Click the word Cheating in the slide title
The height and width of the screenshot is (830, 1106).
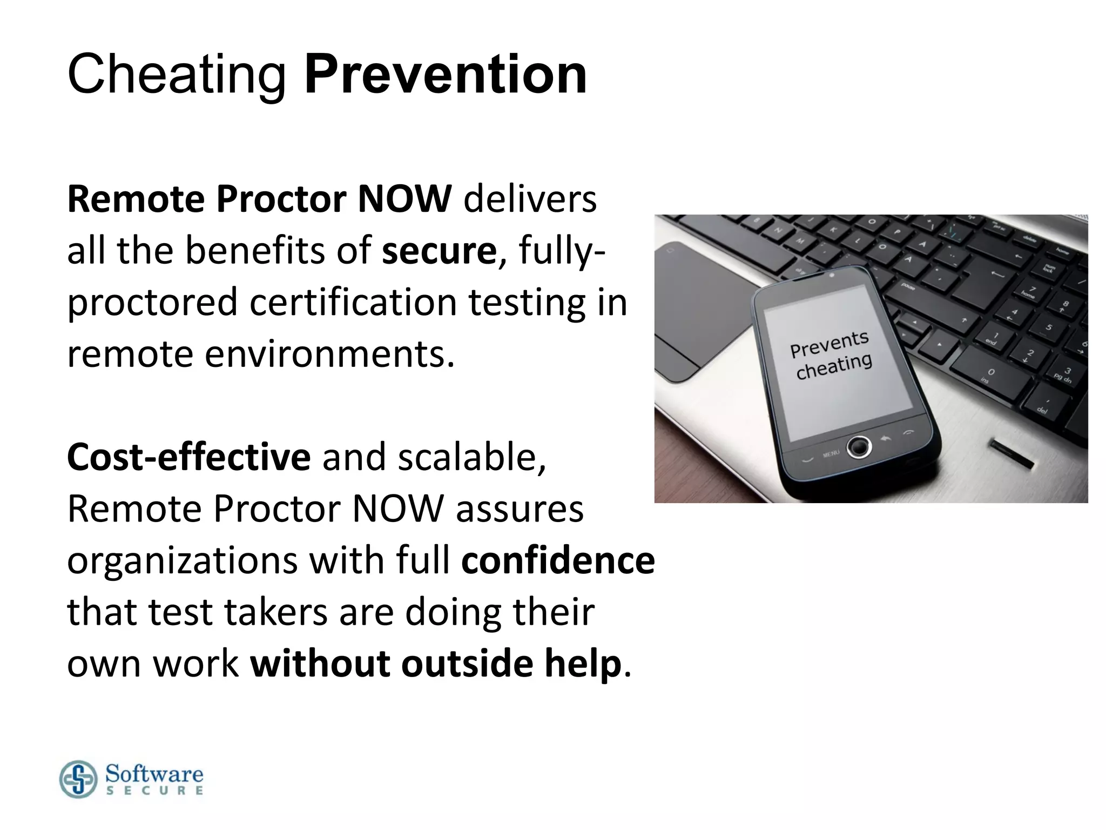pos(176,75)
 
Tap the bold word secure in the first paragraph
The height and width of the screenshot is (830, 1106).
pos(439,251)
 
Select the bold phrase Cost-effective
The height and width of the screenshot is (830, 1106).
pos(188,457)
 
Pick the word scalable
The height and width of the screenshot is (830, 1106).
pos(471,457)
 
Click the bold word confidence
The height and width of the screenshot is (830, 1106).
pos(557,560)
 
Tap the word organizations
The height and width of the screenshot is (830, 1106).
pos(183,560)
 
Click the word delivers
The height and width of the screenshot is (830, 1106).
pos(530,199)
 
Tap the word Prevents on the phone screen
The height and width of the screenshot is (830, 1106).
pos(829,344)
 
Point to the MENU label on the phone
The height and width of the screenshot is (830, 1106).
pos(831,453)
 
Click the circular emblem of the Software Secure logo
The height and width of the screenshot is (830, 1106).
pos(78,779)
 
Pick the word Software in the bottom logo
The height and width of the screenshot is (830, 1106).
pos(154,774)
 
